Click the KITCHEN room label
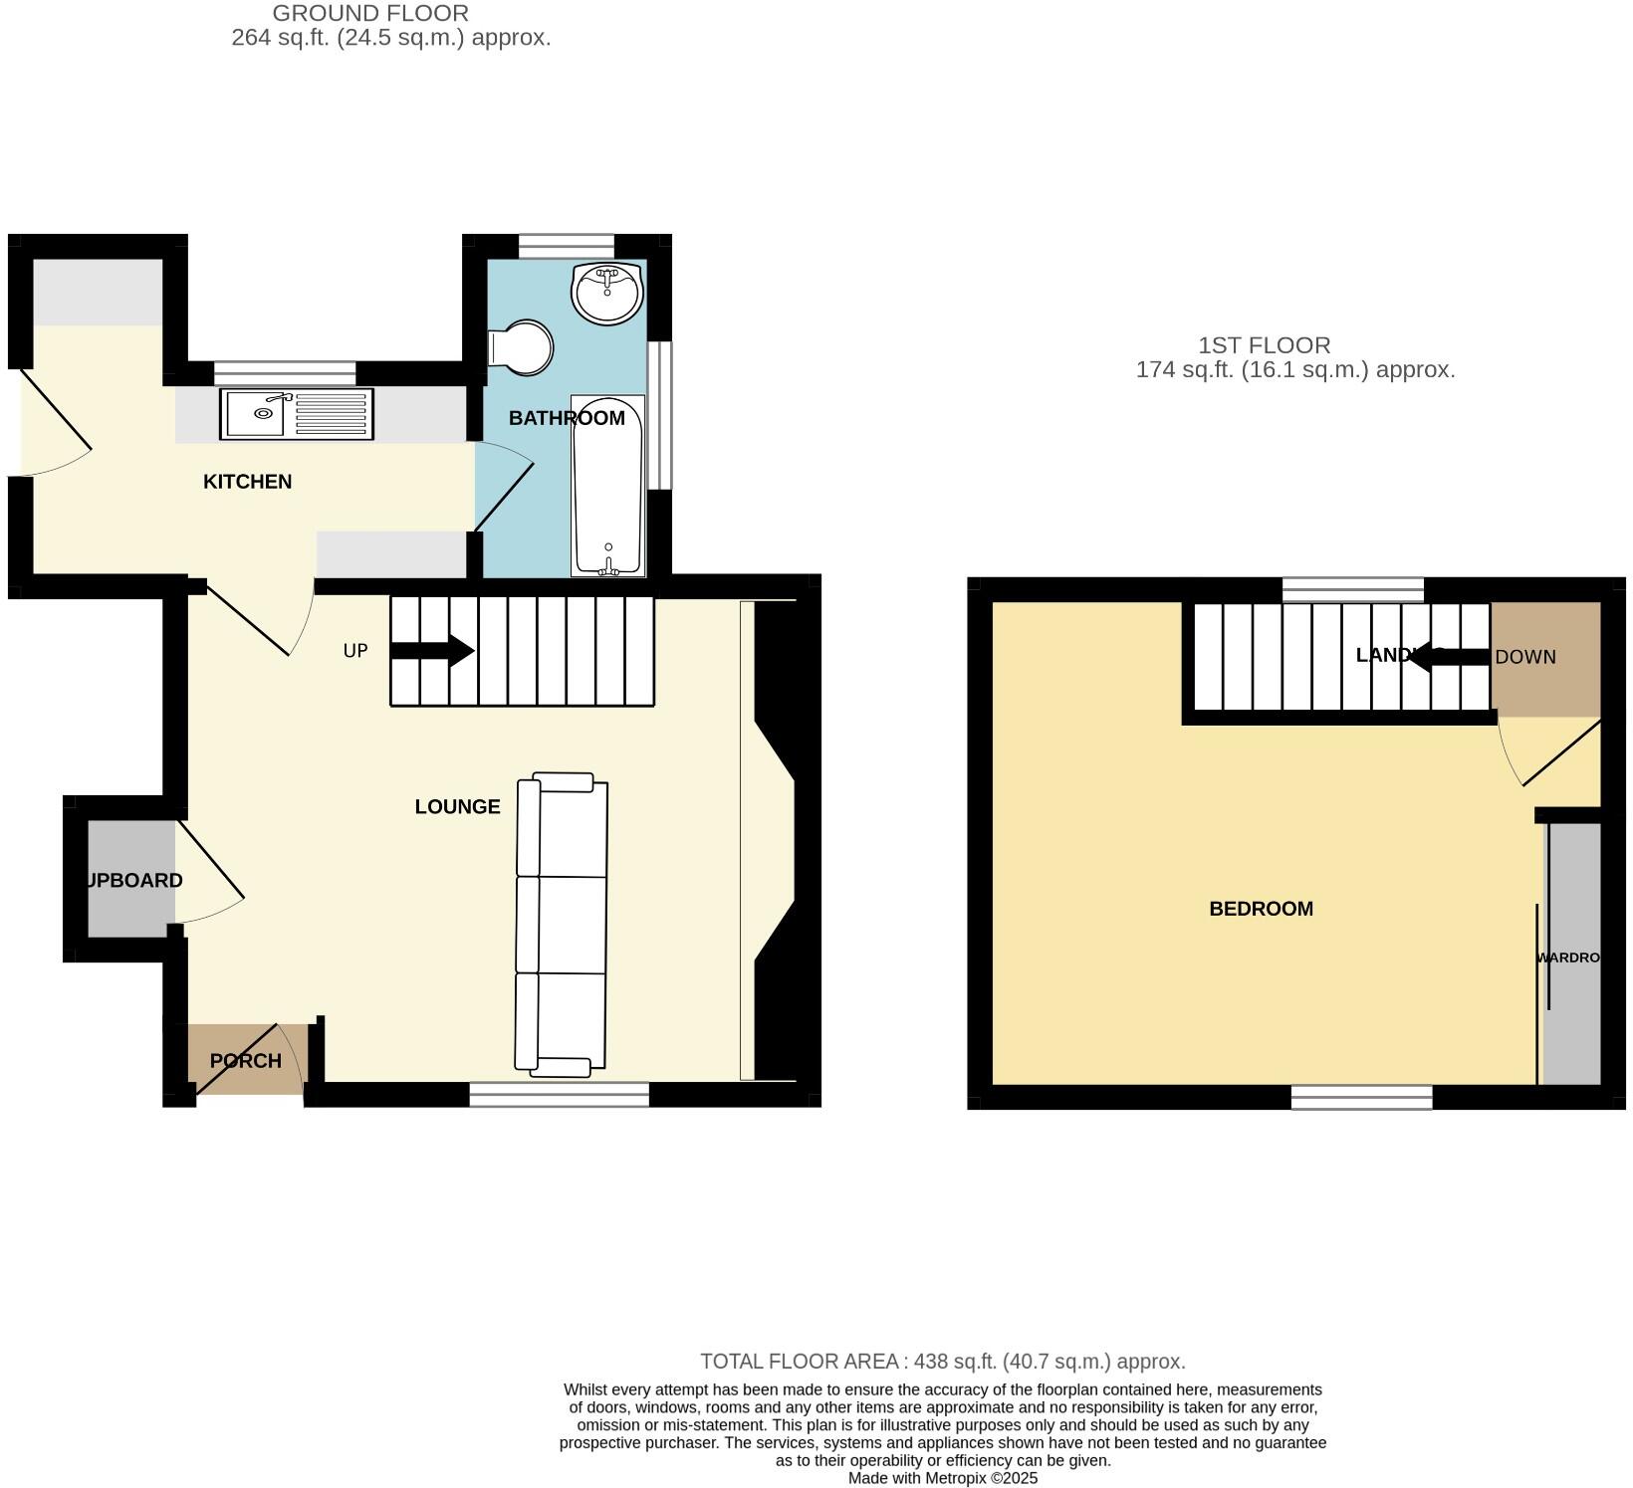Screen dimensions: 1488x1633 247,482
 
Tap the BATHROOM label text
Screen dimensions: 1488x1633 566,418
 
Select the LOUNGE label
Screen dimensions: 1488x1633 457,807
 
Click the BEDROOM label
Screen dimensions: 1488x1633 1261,909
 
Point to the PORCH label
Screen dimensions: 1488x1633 245,1061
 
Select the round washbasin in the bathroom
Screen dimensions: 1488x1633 607,293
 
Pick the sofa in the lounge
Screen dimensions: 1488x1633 562,926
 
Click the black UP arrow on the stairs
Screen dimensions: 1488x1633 432,652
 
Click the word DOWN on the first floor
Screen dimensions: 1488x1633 1525,657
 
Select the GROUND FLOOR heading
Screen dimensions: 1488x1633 370,14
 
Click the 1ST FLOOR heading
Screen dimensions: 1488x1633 1264,345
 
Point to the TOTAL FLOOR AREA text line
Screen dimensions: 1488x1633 942,1362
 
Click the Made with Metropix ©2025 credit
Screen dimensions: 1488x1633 942,1478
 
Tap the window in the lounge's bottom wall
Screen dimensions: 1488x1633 559,1095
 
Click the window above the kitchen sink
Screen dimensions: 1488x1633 285,373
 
